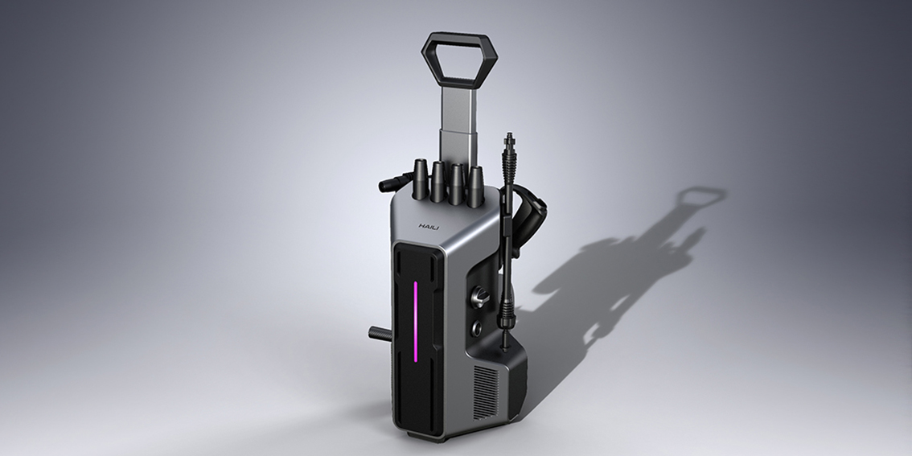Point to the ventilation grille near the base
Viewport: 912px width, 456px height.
coord(485,392)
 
